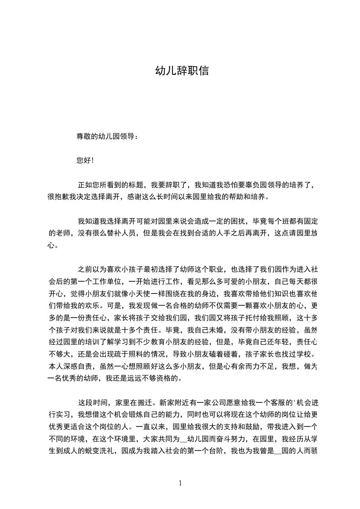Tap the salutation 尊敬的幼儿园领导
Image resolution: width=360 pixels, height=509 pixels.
coord(106,136)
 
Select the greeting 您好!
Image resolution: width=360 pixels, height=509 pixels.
coord(85,160)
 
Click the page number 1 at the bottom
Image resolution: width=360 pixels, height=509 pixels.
coord(180,483)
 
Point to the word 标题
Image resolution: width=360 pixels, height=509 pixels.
coord(137,185)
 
